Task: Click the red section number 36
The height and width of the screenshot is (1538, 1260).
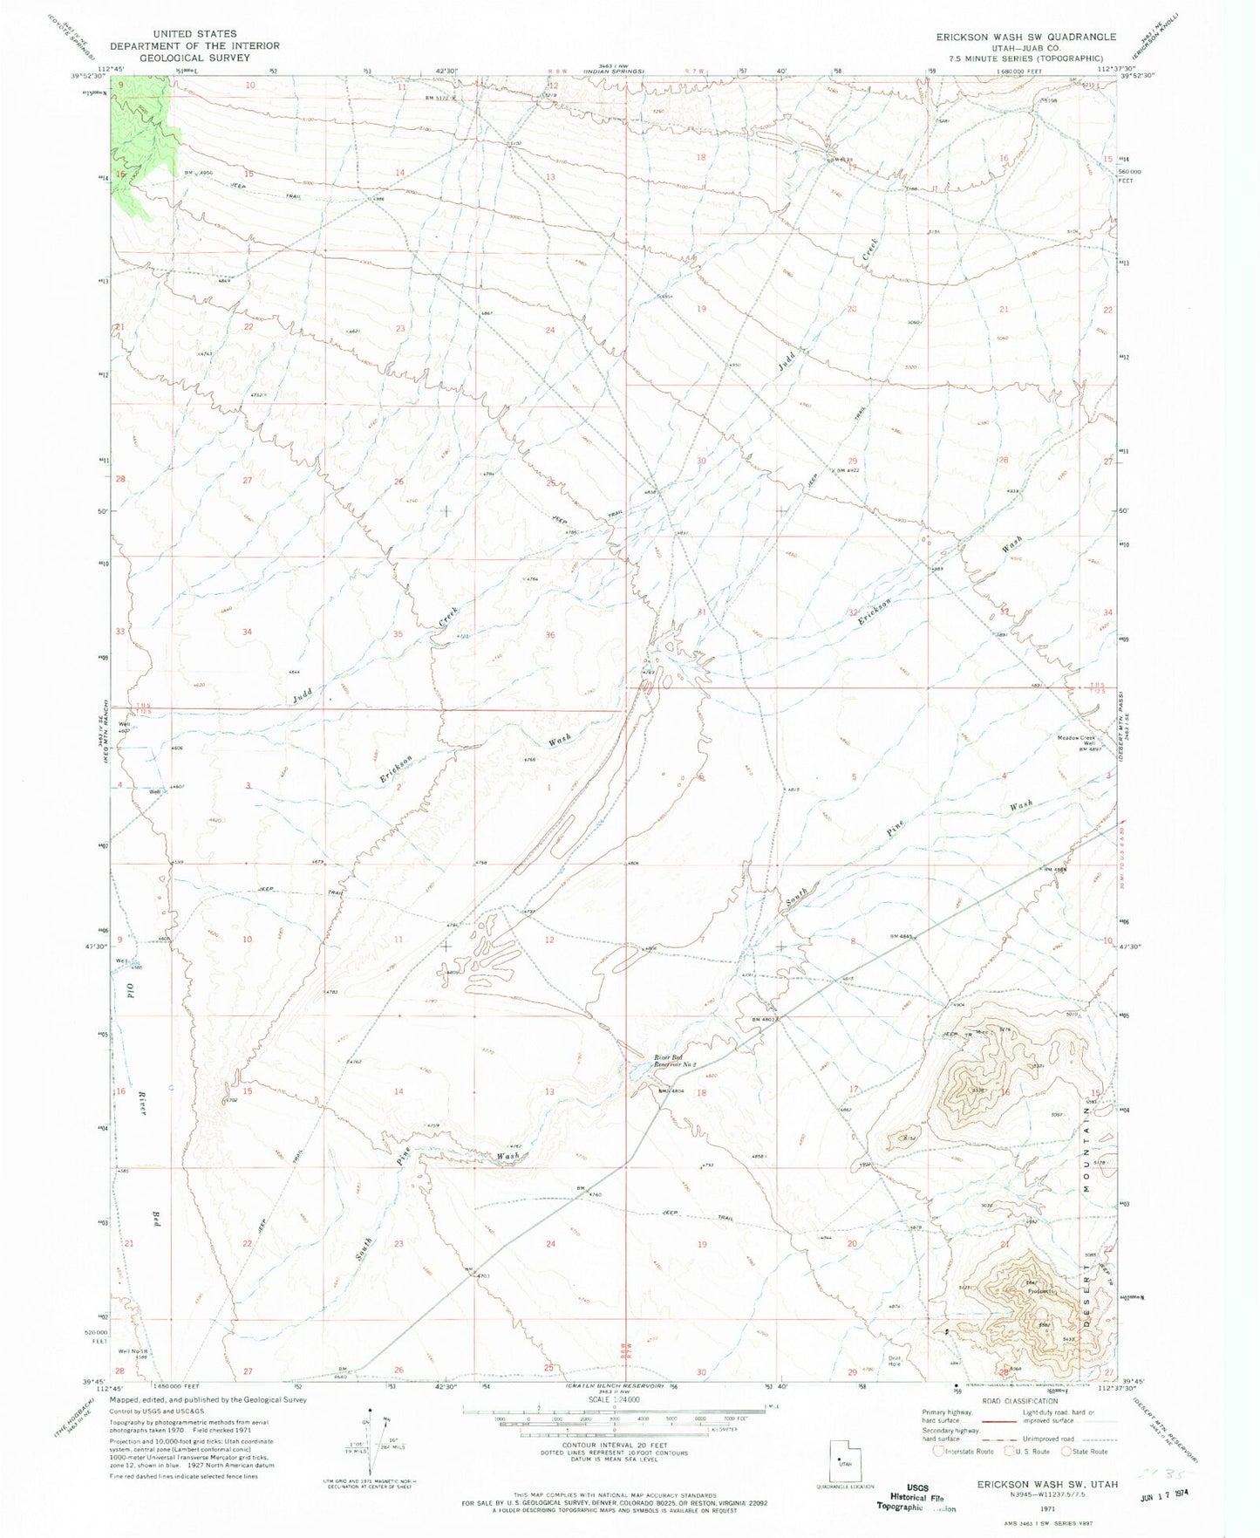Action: click(x=549, y=635)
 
